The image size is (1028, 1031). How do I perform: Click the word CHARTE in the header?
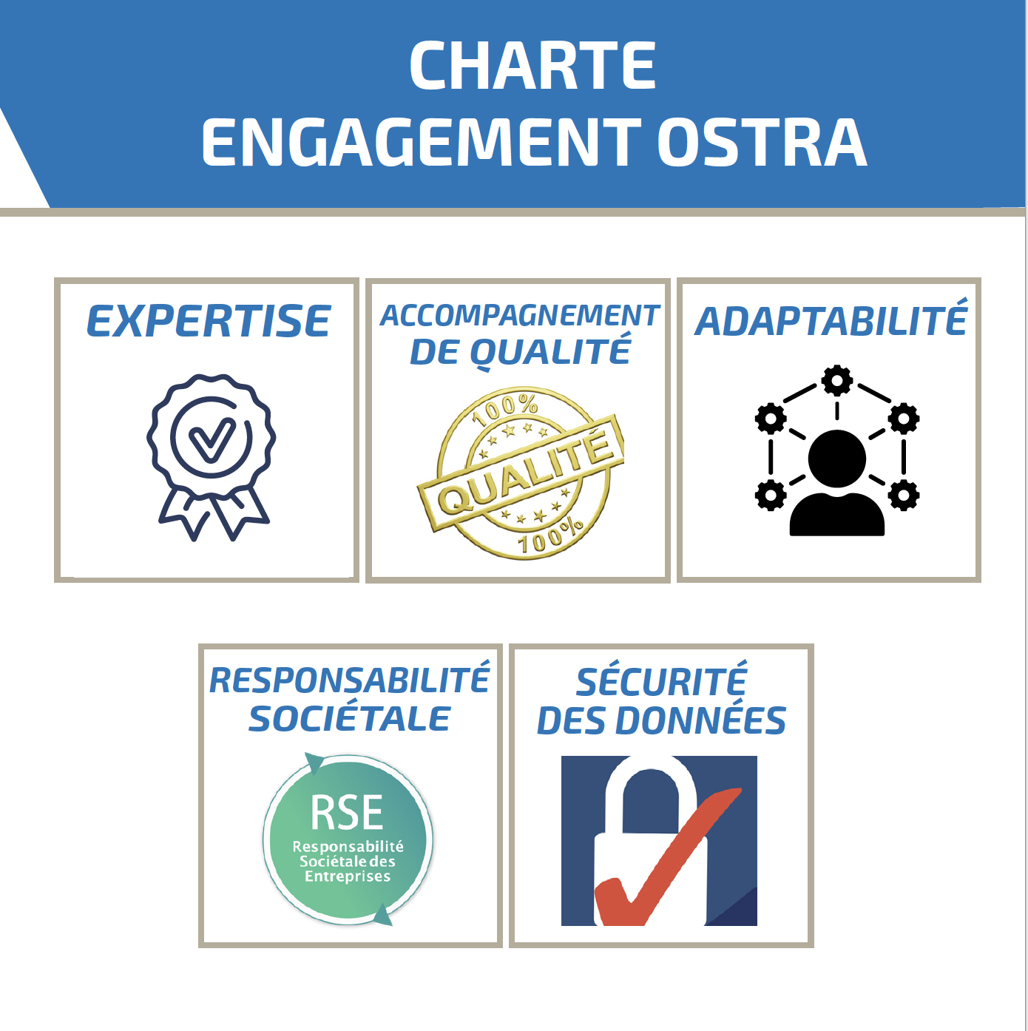click(533, 65)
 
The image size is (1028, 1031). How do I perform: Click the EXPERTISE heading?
click(208, 321)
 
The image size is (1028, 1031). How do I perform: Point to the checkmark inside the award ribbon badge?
click(212, 439)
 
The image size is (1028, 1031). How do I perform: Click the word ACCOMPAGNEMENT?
click(519, 316)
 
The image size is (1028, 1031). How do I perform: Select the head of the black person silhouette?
click(837, 459)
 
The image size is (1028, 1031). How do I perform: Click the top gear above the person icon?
click(837, 380)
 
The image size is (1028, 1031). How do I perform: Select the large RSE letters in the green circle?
click(347, 812)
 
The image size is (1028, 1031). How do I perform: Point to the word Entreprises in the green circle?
click(348, 876)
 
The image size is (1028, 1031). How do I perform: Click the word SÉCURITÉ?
click(661, 680)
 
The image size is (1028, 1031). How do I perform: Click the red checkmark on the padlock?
click(669, 856)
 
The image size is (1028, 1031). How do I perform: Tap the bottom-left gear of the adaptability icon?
click(771, 495)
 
